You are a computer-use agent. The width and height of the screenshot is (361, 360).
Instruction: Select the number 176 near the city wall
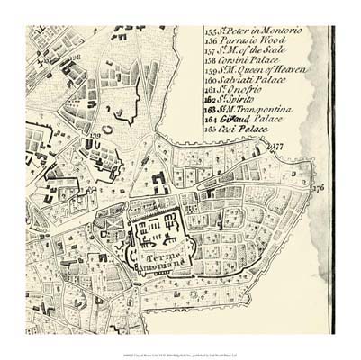pyautogui.click(x=316, y=189)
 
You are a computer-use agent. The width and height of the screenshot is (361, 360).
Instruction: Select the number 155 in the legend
pyautogui.click(x=211, y=31)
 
